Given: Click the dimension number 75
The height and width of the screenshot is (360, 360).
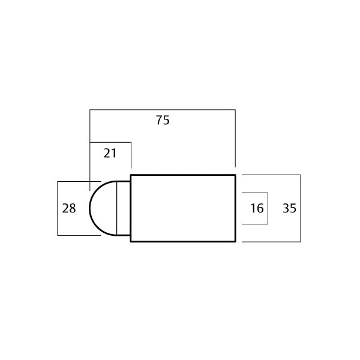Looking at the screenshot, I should [163, 120].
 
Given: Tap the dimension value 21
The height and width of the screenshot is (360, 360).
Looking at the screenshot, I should [110, 153].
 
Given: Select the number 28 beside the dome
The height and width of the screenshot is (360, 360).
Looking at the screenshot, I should [69, 208].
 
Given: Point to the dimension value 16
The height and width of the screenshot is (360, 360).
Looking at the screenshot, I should [257, 208].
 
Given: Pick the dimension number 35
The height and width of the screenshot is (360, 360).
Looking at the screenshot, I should [289, 208].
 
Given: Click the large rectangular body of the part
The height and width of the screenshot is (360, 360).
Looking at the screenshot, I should [183, 208].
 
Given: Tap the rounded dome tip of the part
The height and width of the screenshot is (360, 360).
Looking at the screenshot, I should [102, 208].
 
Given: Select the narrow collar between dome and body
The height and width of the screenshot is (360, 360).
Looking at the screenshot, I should [123, 208].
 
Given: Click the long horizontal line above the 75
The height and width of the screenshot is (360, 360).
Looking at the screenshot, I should [162, 110].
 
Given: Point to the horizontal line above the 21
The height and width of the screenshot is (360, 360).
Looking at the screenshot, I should [110, 142].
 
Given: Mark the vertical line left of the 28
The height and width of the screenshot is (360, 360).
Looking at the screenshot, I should [57, 208].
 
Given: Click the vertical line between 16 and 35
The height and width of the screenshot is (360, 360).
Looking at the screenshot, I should [267, 208].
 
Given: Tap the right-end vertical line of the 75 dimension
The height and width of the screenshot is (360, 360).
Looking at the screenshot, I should [235, 138].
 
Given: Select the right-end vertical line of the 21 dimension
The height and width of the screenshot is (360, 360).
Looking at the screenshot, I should [131, 155].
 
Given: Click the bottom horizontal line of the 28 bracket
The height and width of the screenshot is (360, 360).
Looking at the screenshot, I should [78, 235].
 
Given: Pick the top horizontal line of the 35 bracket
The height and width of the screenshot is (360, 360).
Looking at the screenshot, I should [270, 175].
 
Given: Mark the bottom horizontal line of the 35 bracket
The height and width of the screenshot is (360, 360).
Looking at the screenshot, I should [270, 241].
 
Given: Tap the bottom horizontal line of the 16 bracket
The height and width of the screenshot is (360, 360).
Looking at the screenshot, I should [254, 224].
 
